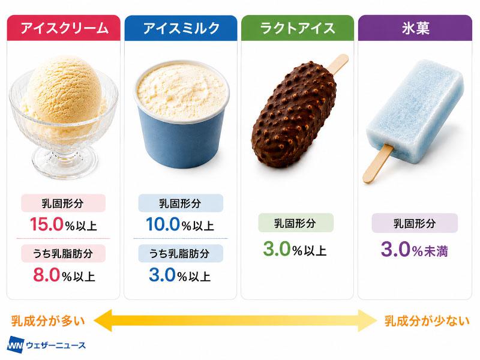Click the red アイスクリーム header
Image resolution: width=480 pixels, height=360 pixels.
pyautogui.click(x=64, y=28)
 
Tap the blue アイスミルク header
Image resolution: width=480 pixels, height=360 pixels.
pyautogui.click(x=181, y=28)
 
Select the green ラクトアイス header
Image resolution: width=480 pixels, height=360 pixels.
pyautogui.click(x=298, y=28)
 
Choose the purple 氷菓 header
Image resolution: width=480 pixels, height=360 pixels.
pyautogui.click(x=415, y=28)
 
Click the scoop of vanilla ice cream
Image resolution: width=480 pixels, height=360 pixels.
pyautogui.click(x=65, y=89)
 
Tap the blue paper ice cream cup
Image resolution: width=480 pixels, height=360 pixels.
pyautogui.click(x=182, y=134)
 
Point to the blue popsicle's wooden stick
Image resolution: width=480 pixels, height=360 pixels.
pyautogui.click(x=377, y=164)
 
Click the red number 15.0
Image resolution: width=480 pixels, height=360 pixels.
pyautogui.click(x=47, y=224)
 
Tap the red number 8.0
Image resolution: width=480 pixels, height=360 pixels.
pyautogui.click(x=46, y=275)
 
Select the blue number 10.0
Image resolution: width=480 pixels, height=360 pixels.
pyautogui.click(x=163, y=224)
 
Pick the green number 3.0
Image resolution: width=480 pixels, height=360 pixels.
pyautogui.click(x=277, y=249)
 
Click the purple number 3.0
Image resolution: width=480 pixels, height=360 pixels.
pyautogui.click(x=395, y=250)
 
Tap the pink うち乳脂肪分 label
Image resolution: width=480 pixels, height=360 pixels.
pyautogui.click(x=64, y=253)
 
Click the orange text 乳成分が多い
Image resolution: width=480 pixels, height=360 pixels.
pyautogui.click(x=48, y=321)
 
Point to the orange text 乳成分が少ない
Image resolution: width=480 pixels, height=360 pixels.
pyautogui.click(x=427, y=321)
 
